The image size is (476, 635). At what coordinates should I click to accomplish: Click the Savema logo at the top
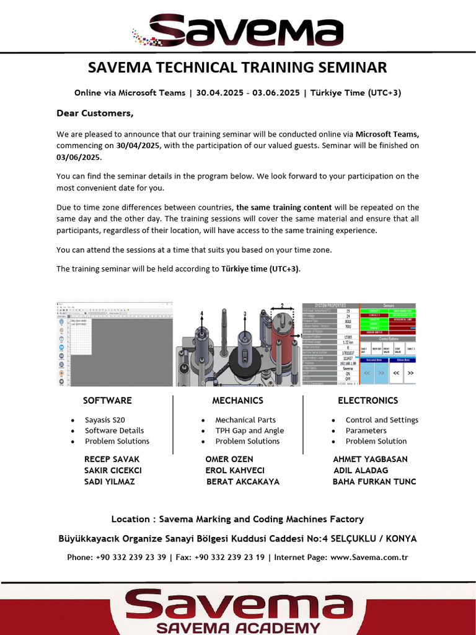tap(239, 30)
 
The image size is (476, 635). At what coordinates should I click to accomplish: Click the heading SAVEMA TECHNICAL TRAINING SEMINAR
tap(237, 68)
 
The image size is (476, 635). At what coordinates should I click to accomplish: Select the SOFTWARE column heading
tap(107, 401)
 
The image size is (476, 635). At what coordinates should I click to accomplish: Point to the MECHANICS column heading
tap(237, 401)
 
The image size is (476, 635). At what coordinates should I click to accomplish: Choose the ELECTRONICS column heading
tap(368, 401)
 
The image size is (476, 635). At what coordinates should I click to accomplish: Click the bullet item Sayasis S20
tap(105, 420)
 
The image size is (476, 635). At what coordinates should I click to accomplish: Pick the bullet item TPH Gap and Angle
tap(249, 430)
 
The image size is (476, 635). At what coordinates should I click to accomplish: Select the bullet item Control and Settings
tap(382, 420)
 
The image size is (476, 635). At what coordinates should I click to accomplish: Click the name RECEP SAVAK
tap(112, 460)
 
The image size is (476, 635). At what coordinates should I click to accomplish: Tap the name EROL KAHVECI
tap(235, 470)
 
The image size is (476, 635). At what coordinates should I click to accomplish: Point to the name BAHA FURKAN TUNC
tap(374, 481)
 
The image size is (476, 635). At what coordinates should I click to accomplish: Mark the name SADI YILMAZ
tap(109, 481)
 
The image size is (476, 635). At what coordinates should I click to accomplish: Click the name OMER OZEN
tap(229, 460)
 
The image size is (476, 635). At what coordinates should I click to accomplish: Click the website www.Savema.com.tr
tap(369, 557)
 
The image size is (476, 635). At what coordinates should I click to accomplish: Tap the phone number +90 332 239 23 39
tap(131, 557)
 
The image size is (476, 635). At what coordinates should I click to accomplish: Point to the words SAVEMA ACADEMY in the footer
tap(239, 627)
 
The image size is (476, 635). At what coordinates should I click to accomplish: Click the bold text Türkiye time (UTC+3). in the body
tap(260, 269)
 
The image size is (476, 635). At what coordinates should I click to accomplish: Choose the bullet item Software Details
tap(114, 430)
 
